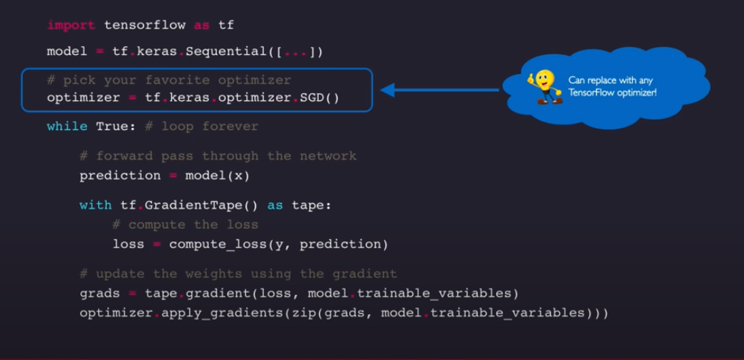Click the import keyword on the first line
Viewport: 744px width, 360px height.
[x=71, y=26]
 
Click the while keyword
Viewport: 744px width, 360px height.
[x=67, y=127]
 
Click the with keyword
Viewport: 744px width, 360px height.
[x=96, y=206]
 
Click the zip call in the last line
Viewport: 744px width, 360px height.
[x=292, y=313]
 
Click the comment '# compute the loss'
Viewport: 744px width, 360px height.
[x=185, y=225]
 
